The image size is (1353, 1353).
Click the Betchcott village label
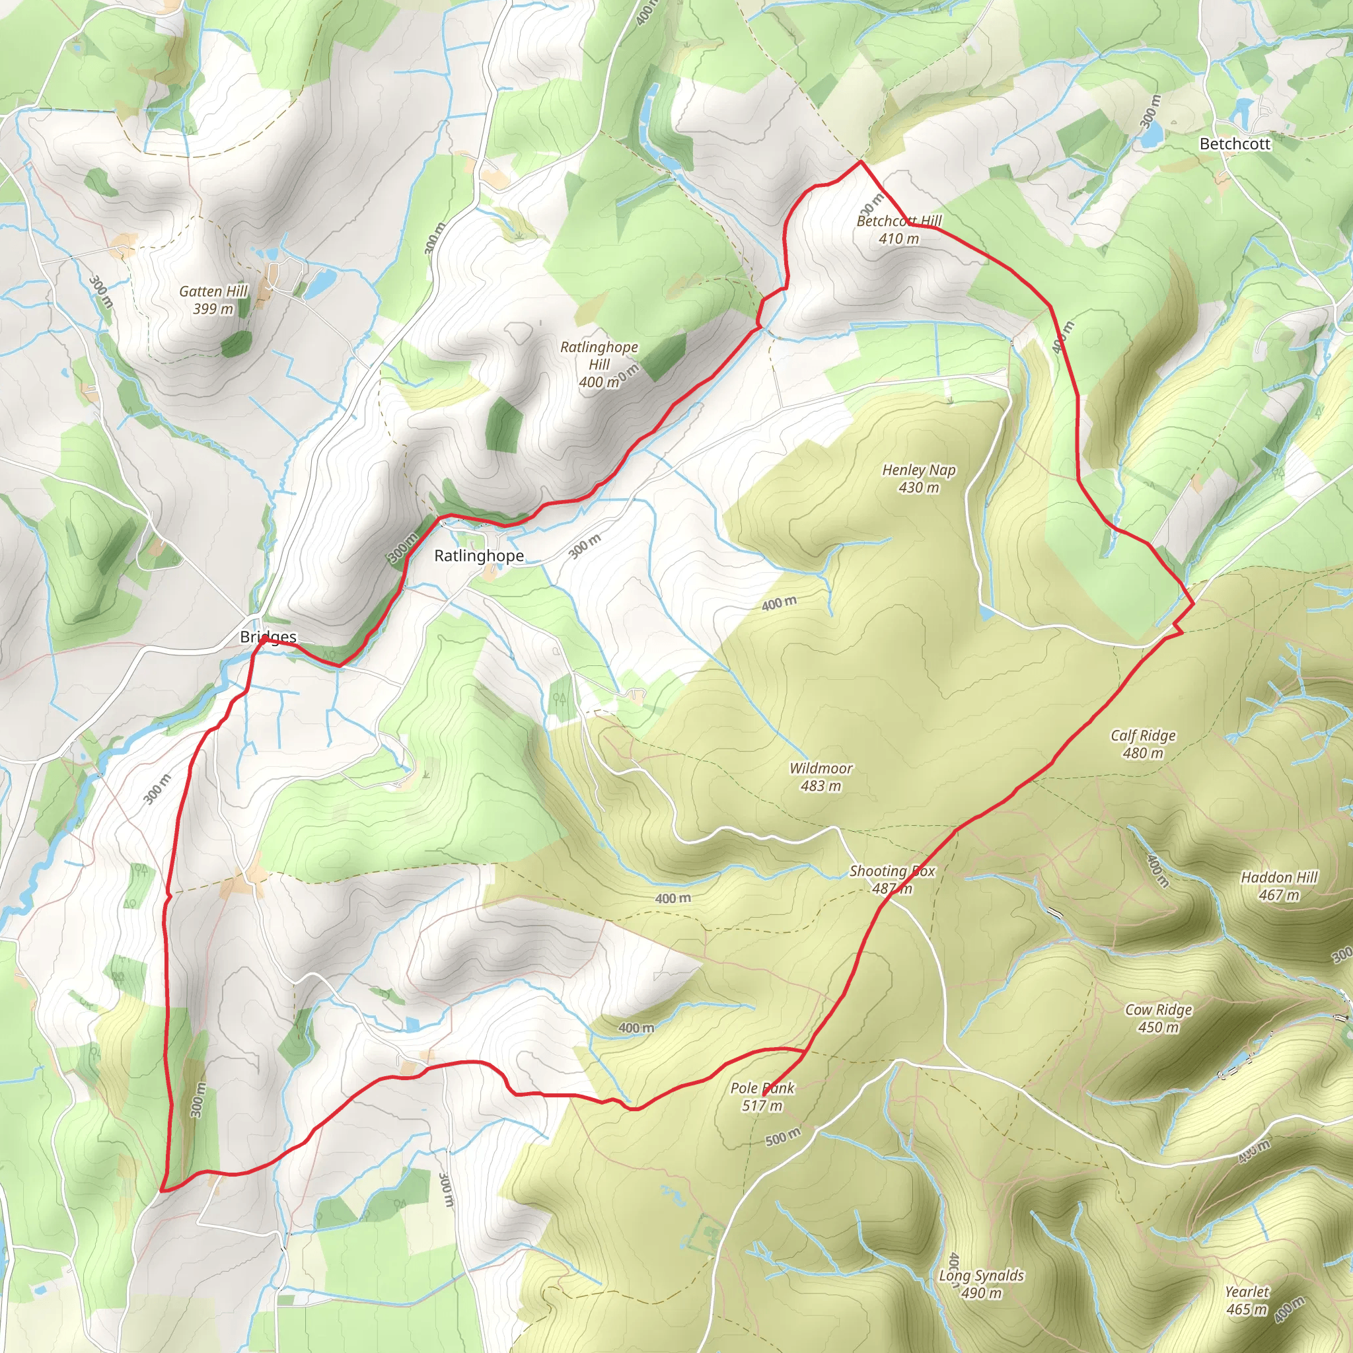pyautogui.click(x=1235, y=143)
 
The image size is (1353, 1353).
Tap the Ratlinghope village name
pyautogui.click(x=479, y=556)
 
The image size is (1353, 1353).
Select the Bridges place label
pyautogui.click(x=268, y=637)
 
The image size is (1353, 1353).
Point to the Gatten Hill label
pyautogui.click(x=213, y=291)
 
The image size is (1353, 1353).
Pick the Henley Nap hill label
pyautogui.click(x=919, y=470)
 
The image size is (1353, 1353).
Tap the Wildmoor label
pyautogui.click(x=821, y=768)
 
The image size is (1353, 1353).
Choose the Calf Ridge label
pyautogui.click(x=1143, y=735)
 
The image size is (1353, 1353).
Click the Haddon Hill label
pyautogui.click(x=1279, y=877)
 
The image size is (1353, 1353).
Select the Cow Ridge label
pyautogui.click(x=1158, y=1009)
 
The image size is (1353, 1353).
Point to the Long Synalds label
pyautogui.click(x=981, y=1275)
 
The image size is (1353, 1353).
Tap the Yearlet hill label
pyautogui.click(x=1247, y=1292)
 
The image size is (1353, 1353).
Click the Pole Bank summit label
pyautogui.click(x=762, y=1087)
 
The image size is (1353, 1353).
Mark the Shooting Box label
pyautogui.click(x=892, y=871)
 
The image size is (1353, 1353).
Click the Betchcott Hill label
pyautogui.click(x=899, y=221)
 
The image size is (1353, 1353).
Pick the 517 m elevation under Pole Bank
pyautogui.click(x=762, y=1106)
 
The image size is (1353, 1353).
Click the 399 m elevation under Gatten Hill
pyautogui.click(x=213, y=309)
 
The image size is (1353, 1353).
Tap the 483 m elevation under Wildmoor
pyautogui.click(x=821, y=786)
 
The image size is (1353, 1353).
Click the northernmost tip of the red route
pyautogui.click(x=861, y=162)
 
